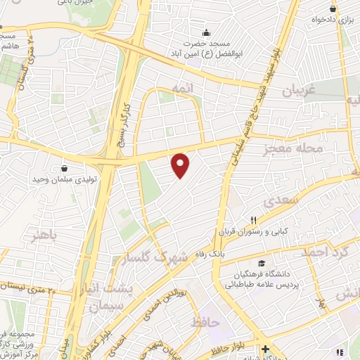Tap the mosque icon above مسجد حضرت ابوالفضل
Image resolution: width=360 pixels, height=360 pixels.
pos(207,32)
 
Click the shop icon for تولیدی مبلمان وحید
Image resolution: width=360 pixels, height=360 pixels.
pos(65,168)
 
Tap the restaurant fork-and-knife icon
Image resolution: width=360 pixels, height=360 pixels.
pos(254,220)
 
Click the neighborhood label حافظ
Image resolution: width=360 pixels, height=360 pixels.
pos(205,322)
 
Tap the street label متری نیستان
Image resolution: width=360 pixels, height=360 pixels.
pos(28,286)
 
